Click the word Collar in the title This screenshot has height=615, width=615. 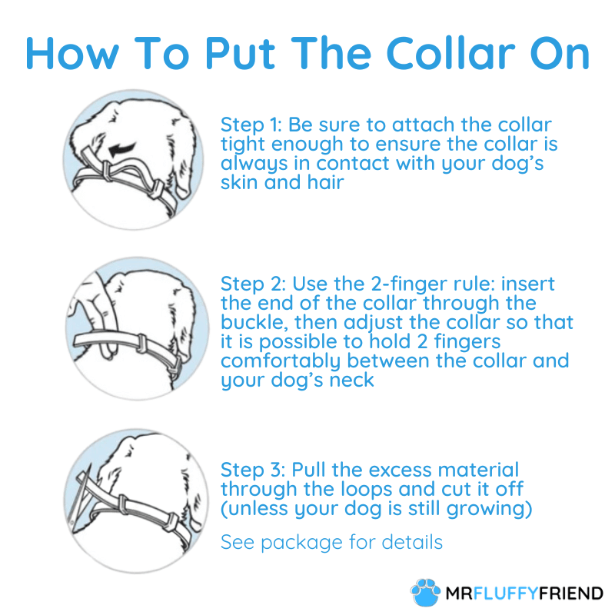pos(450,53)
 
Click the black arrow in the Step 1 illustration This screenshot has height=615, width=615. pos(122,149)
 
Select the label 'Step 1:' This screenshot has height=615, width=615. pos(251,125)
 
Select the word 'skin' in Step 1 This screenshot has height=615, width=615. pos(239,182)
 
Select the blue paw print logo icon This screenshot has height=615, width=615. pos(426,592)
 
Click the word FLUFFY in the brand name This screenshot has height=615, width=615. pos(506,593)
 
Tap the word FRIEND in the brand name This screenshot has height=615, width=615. pos(570,593)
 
